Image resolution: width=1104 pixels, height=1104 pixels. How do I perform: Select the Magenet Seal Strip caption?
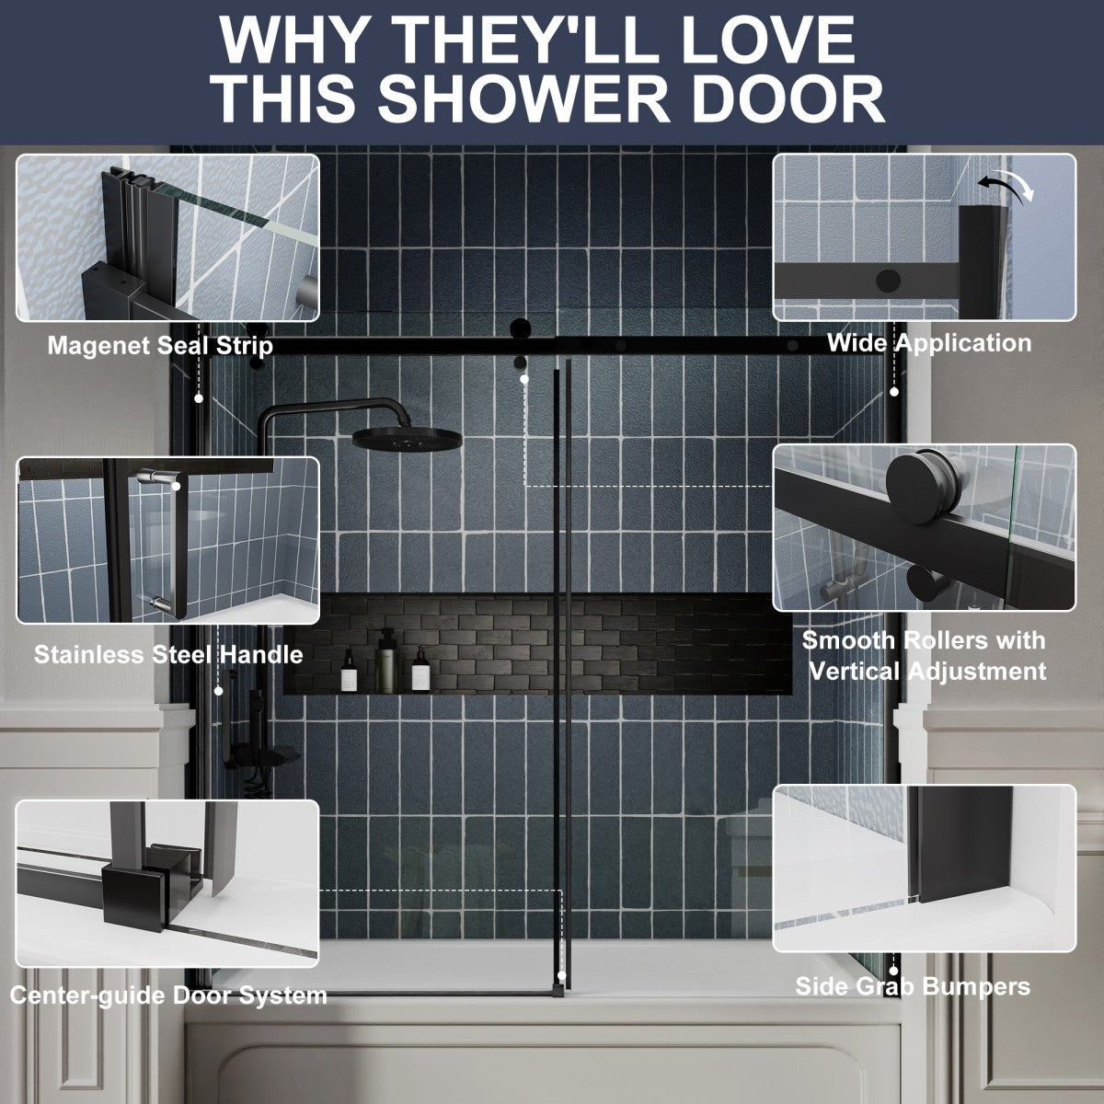160,346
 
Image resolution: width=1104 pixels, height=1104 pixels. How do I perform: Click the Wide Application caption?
928,343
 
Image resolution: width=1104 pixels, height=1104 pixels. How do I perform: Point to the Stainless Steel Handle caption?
168,655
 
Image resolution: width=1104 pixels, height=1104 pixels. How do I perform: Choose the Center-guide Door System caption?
168,995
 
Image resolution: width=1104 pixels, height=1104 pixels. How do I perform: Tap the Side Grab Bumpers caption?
913,987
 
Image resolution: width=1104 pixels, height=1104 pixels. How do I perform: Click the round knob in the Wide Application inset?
889,281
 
